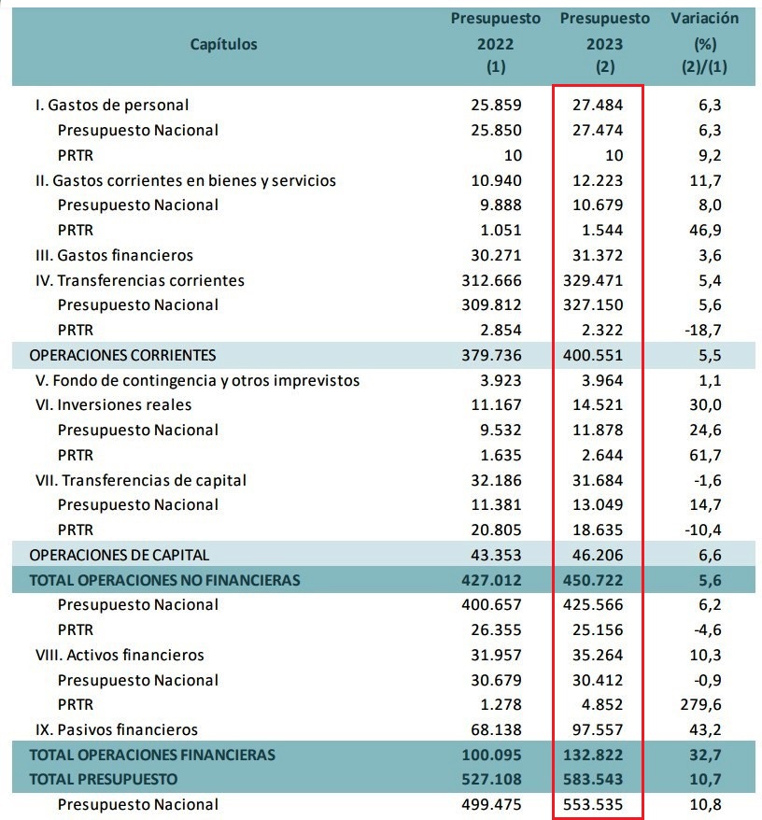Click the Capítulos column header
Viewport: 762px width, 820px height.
(223, 44)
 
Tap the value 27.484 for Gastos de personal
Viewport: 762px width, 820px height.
(598, 105)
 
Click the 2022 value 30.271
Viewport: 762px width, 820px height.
(497, 255)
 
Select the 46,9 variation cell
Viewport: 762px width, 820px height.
(702, 230)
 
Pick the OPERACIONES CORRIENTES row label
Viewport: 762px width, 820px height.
(123, 355)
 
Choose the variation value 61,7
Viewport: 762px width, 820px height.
(702, 455)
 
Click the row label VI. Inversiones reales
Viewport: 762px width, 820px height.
(111, 404)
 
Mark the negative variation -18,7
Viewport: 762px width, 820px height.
(699, 330)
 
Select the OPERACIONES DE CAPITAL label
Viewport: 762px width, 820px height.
(120, 555)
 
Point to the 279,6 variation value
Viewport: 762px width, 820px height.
(699, 704)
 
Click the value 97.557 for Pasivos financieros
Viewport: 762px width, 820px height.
(598, 729)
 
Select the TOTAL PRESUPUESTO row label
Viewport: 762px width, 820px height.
(104, 778)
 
